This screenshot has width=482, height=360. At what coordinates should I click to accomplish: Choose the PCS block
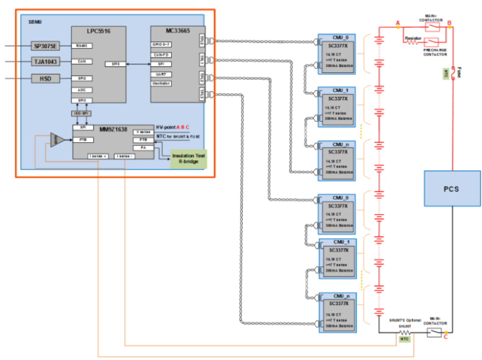click(x=452, y=189)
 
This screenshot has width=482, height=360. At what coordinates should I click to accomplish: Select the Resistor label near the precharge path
click(x=413, y=38)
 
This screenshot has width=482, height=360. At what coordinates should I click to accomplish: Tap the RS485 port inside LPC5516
click(x=81, y=45)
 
